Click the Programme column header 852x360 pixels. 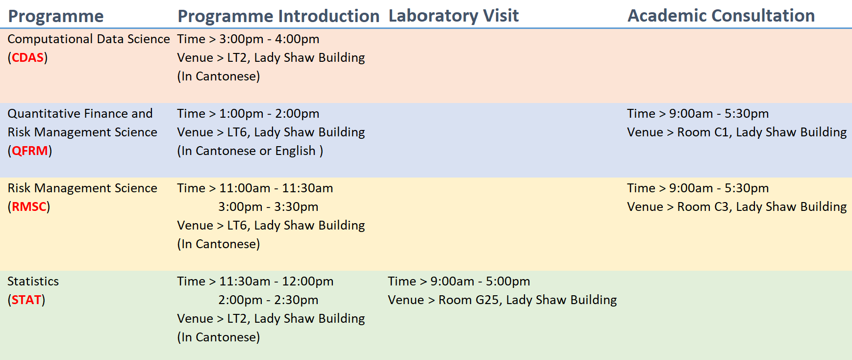click(56, 16)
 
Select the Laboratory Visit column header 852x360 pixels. click(453, 16)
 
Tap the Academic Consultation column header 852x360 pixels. click(721, 16)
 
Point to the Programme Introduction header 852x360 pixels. click(278, 16)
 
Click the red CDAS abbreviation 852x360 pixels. click(28, 57)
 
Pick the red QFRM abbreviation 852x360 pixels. click(30, 151)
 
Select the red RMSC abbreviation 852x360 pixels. click(29, 206)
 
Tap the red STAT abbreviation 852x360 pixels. click(26, 300)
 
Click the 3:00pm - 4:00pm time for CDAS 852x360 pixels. click(269, 39)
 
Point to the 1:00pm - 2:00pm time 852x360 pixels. click(269, 113)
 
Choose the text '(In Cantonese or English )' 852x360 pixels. click(250, 151)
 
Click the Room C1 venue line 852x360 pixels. click(737, 132)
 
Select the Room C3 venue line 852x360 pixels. click(737, 206)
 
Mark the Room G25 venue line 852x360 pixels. click(502, 300)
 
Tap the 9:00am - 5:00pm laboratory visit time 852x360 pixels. click(480, 281)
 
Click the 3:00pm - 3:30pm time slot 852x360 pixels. click(269, 206)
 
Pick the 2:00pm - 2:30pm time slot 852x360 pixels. click(269, 300)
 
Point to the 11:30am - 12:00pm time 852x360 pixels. click(276, 281)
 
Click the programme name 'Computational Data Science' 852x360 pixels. click(89, 39)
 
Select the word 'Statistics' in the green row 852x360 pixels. click(33, 281)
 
